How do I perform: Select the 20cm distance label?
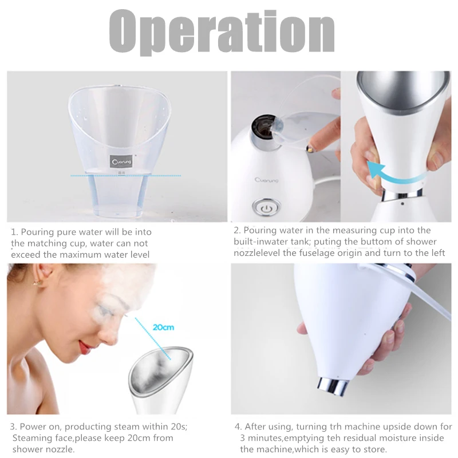[163, 327]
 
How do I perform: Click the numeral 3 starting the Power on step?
[13, 427]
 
